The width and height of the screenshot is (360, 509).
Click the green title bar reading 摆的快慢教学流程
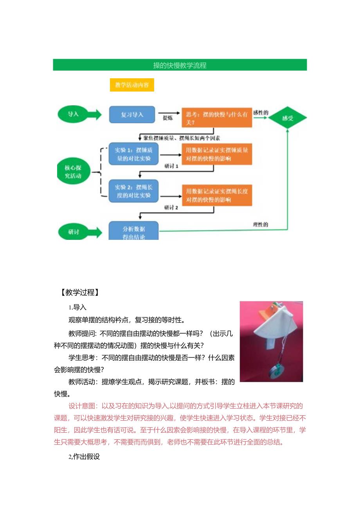tap(180, 65)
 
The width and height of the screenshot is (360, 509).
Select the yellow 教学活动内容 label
tap(132, 85)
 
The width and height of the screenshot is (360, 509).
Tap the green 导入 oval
tap(73, 114)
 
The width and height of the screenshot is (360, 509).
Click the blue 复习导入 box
tap(132, 115)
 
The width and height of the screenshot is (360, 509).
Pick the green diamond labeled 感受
tap(288, 117)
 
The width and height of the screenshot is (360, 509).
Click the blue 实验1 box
tap(133, 154)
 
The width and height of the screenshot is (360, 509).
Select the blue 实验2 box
tap(133, 191)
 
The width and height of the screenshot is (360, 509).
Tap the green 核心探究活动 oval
tap(73, 172)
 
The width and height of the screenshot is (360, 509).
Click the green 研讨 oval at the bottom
tap(73, 232)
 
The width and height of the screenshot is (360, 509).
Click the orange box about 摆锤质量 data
tap(216, 154)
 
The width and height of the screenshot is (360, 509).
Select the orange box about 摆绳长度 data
tap(216, 195)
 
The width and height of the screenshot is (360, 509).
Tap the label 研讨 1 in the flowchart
tap(171, 166)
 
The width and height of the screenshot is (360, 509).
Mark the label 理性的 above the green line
tap(260, 225)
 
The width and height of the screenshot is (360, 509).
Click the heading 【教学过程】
tap(79, 292)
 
